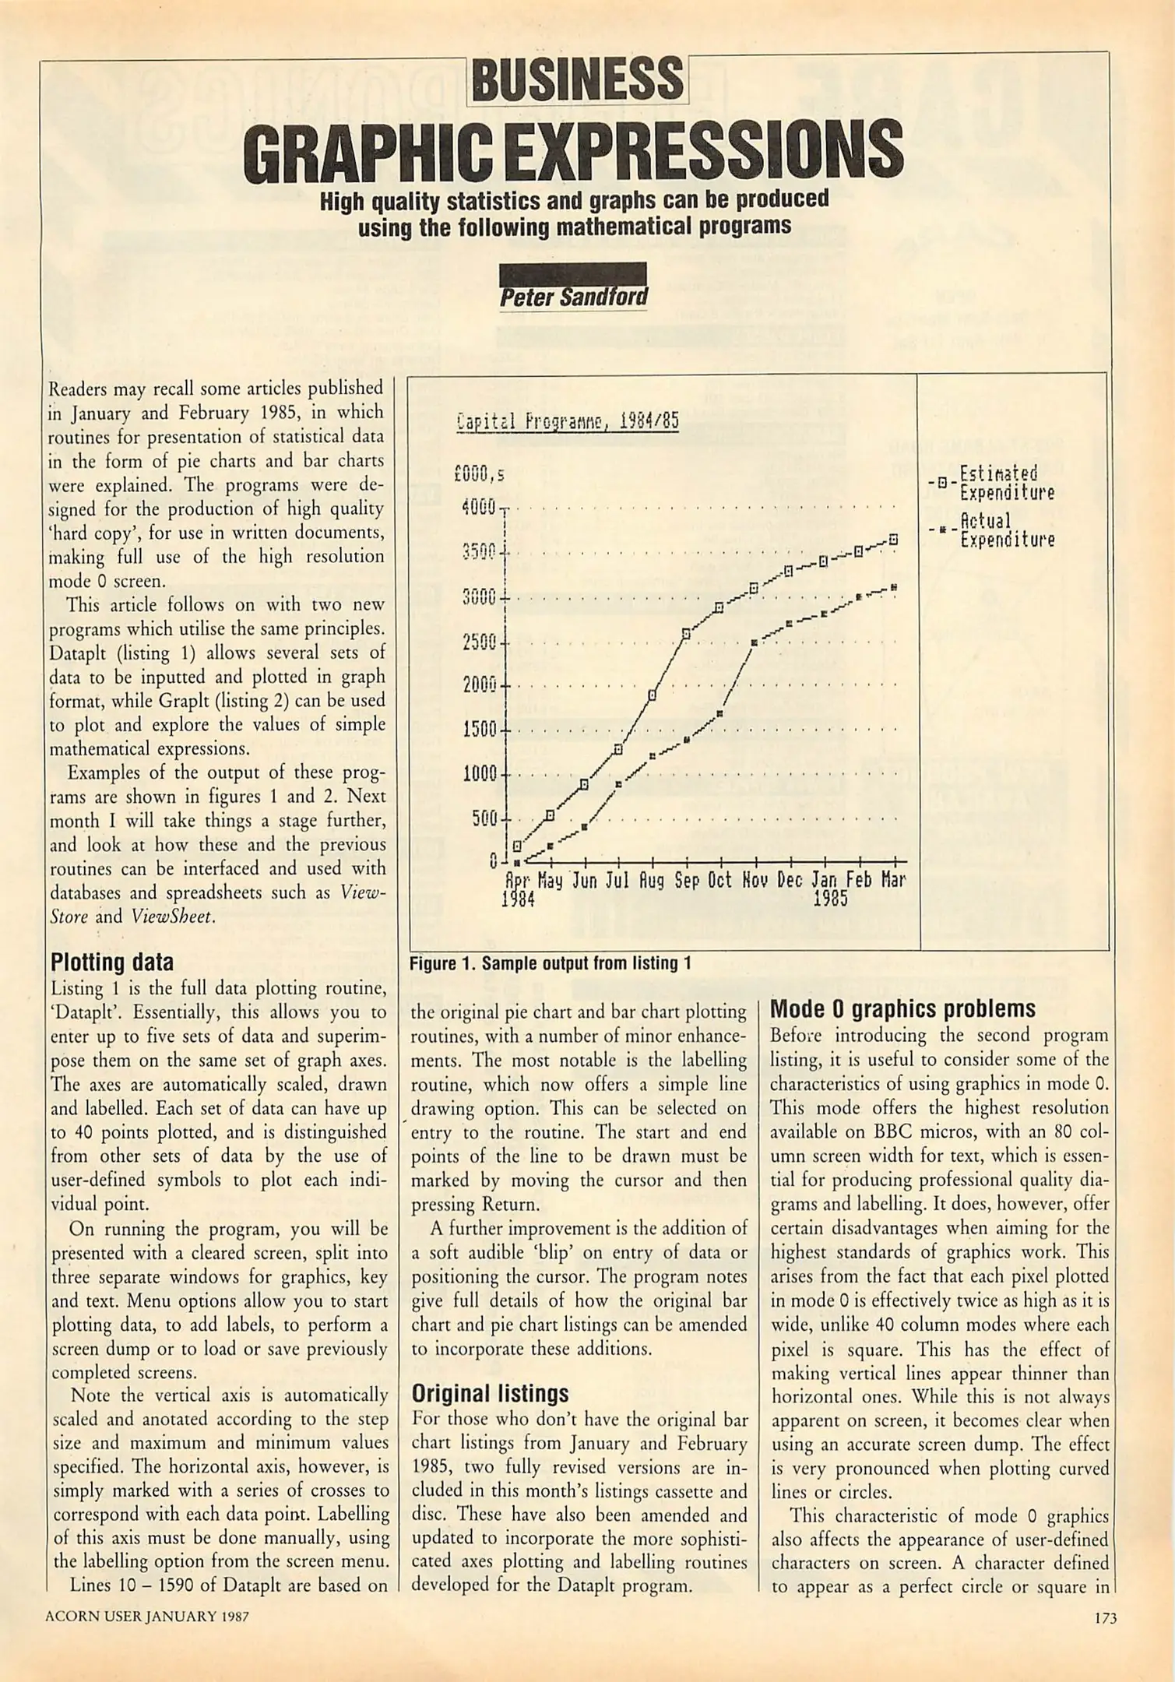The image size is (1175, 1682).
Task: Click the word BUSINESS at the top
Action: point(577,80)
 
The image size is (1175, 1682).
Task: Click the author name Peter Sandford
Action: point(573,297)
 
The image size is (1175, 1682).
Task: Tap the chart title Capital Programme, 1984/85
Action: point(568,422)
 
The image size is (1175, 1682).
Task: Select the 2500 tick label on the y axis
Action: point(479,643)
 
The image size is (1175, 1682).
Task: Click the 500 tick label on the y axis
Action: point(484,819)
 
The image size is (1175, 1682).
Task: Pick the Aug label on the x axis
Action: point(652,881)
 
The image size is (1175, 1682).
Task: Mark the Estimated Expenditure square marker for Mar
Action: point(894,539)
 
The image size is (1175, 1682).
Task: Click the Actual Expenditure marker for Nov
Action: point(754,642)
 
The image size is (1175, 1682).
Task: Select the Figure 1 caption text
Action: point(551,963)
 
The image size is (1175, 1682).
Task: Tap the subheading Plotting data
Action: point(112,962)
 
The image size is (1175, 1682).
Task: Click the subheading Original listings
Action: point(490,1393)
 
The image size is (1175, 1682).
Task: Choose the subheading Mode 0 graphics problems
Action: point(902,1009)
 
